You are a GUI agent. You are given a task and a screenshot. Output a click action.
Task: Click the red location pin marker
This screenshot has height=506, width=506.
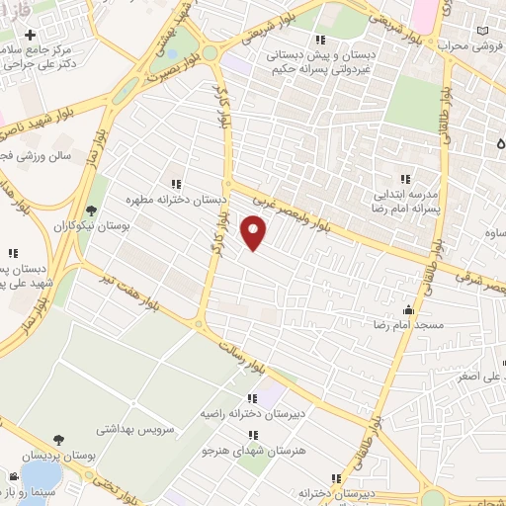point(255,232)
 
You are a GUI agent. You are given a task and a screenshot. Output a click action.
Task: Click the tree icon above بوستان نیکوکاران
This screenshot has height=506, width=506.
point(92,210)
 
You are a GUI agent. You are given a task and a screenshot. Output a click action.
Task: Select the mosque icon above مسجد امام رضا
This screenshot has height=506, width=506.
point(409,308)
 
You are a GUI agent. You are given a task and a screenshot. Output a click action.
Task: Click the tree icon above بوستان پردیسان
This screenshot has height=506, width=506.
point(61,439)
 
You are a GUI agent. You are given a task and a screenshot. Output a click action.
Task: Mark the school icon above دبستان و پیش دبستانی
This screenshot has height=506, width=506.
point(319,40)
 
